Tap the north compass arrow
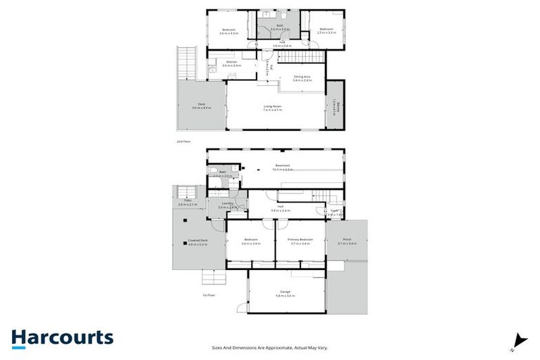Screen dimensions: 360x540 tap(520, 339)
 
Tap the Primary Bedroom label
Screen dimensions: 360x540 tap(301, 241)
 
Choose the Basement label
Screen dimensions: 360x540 tap(283, 167)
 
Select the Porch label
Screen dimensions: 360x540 tap(347, 241)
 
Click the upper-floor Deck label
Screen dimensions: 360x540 tap(201, 105)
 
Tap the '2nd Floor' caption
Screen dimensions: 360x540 tap(184, 141)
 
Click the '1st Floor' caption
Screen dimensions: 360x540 tap(208, 295)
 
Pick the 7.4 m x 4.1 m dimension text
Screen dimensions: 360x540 tap(272, 110)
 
